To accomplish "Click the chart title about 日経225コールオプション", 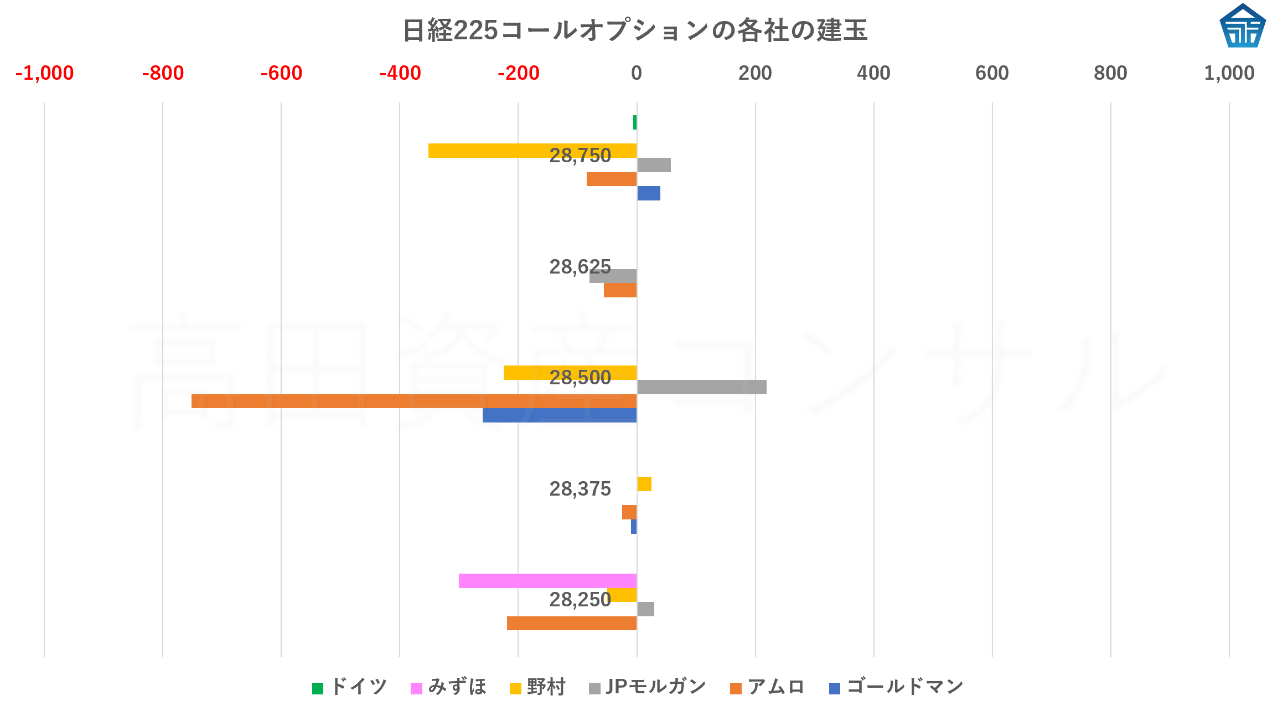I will click(x=634, y=30).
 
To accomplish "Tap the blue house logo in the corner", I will click(x=1242, y=26).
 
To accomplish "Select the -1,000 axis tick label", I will click(x=44, y=73).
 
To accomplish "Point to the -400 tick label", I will click(x=400, y=73).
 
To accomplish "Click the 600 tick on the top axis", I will click(x=992, y=73).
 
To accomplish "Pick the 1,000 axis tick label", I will click(x=1229, y=73).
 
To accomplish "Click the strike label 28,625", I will click(x=580, y=267).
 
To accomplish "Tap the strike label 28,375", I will click(x=580, y=489).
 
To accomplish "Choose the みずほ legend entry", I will click(x=449, y=687).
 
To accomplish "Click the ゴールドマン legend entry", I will click(x=897, y=687).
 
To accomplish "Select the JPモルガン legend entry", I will click(x=648, y=687).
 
